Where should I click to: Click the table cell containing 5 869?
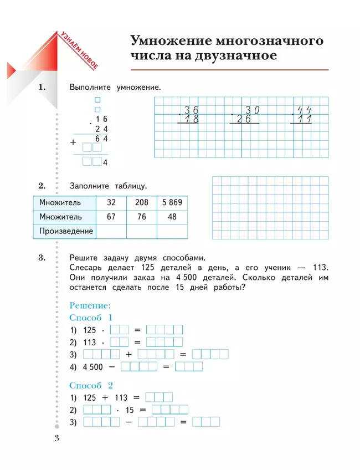point(172,203)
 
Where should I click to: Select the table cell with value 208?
point(142,203)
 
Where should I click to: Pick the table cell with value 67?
point(111,217)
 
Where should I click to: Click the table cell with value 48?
point(172,217)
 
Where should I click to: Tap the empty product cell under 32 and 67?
point(111,231)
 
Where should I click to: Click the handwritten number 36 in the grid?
point(192,109)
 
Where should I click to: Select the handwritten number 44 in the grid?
point(304,109)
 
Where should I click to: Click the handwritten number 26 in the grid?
point(244,119)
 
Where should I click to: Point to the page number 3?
point(56,439)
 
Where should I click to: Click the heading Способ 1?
point(91,318)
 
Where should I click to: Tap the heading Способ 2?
point(91,385)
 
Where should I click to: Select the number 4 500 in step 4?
point(93,367)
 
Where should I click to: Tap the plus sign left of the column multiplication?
point(73,142)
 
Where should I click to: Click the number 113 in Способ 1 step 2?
point(90,343)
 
